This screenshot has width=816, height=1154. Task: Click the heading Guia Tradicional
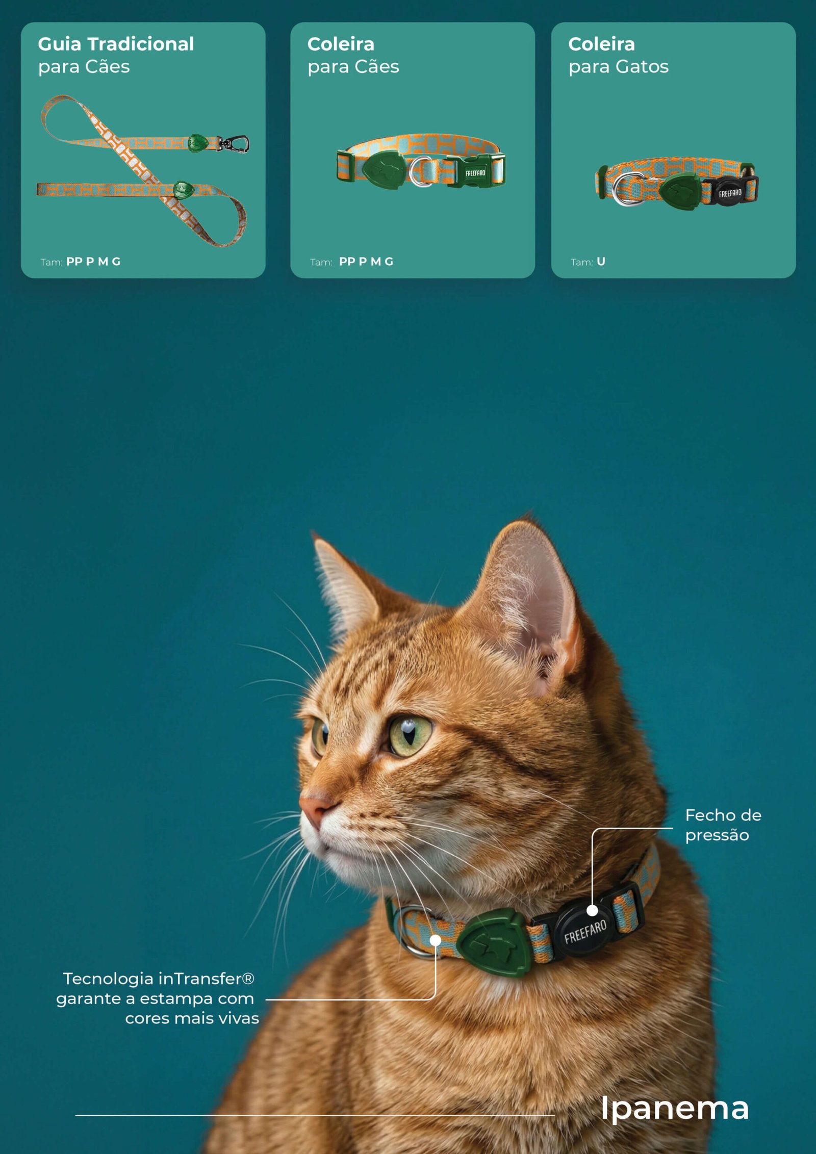(x=116, y=44)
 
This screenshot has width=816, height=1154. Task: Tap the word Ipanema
(x=674, y=1108)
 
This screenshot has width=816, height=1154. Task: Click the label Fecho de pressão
(x=723, y=825)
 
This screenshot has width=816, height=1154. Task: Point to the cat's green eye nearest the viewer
(x=410, y=735)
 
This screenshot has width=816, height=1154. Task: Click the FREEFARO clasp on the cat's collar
(x=586, y=930)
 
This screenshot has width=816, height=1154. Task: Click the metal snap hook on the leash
(x=234, y=144)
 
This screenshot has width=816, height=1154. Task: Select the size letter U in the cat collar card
(x=601, y=262)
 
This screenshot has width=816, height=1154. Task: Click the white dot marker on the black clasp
(x=592, y=910)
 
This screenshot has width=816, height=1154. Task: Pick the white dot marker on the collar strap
(x=436, y=939)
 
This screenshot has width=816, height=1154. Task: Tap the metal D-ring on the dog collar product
(x=421, y=172)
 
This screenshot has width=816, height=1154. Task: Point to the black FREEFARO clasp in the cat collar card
(x=731, y=192)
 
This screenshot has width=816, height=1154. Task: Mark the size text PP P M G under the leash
(x=93, y=262)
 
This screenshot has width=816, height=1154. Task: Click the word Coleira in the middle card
(x=341, y=44)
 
